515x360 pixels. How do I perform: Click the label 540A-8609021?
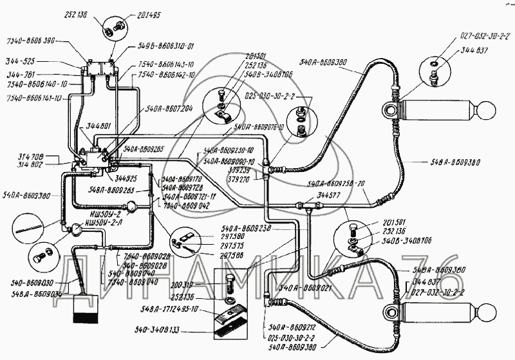[x=303, y=287]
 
